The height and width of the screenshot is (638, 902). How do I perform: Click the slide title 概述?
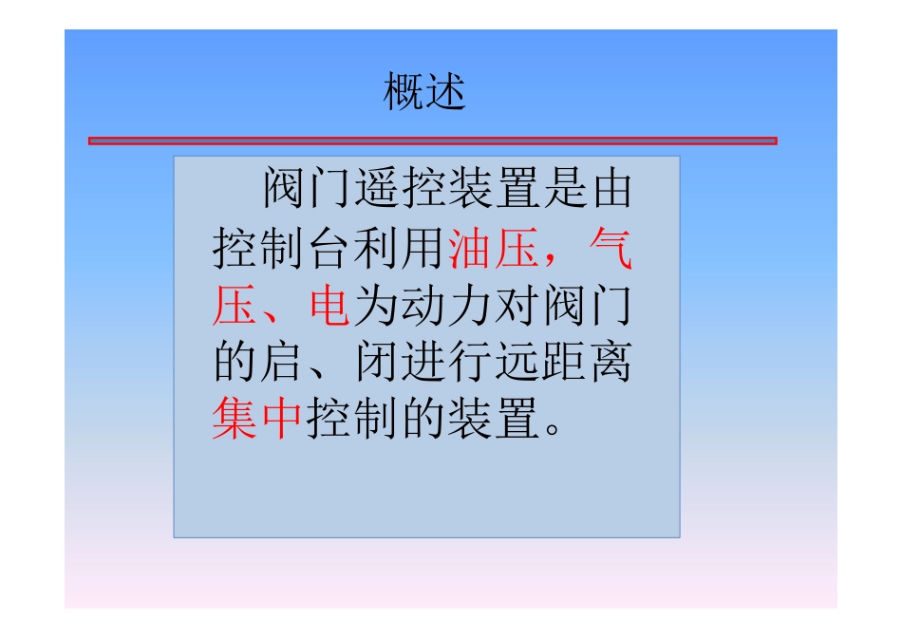424,94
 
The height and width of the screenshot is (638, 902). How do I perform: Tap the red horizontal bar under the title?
432,141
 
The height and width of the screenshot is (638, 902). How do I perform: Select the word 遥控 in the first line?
399,190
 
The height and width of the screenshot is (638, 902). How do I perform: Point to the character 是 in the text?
561,190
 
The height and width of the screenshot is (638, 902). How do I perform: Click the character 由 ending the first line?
608,190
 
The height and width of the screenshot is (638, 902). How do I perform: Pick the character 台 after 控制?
328,250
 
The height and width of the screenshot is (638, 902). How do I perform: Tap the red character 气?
610,250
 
